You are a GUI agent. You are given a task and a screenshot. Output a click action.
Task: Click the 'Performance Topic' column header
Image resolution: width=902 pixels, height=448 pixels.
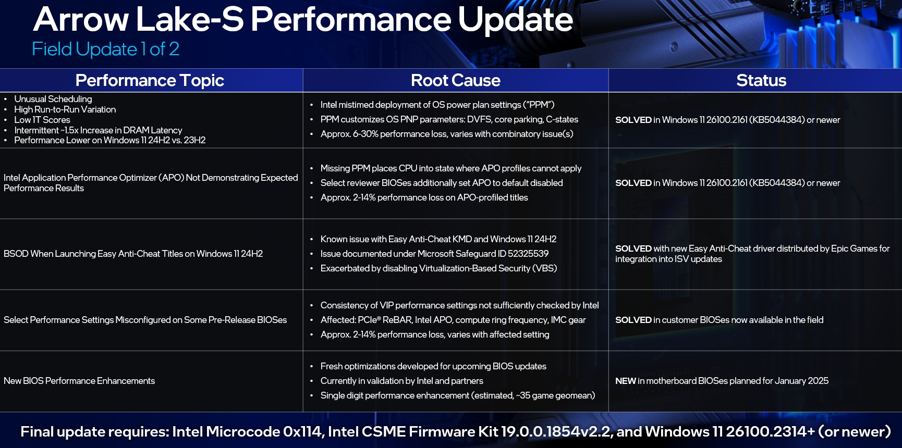click(x=150, y=80)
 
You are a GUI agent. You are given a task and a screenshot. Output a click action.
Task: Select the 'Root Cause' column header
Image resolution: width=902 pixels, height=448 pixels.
click(x=456, y=80)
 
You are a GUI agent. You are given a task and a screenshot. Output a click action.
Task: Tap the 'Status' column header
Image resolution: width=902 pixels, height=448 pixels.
click(x=761, y=80)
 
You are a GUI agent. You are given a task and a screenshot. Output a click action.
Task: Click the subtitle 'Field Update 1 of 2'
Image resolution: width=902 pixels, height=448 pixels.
click(x=106, y=49)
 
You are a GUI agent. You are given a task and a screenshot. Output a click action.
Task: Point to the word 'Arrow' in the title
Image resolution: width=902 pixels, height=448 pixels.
click(x=81, y=19)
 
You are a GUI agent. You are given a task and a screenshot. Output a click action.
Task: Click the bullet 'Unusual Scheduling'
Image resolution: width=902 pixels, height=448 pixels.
click(x=53, y=99)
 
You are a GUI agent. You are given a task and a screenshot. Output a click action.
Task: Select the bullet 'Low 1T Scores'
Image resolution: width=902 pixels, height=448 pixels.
click(x=42, y=120)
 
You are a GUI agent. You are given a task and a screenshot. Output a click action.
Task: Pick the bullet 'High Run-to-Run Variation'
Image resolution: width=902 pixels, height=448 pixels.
click(x=65, y=109)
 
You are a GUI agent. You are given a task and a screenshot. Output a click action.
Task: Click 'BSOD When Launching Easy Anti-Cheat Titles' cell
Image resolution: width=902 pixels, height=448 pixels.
click(x=133, y=254)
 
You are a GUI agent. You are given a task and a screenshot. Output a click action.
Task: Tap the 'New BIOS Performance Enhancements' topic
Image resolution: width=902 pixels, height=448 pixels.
click(x=79, y=381)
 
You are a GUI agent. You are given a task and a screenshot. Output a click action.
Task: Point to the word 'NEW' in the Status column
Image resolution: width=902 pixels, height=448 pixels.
click(x=626, y=381)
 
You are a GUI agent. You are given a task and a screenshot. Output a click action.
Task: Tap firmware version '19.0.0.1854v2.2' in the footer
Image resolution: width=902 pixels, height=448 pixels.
click(x=556, y=431)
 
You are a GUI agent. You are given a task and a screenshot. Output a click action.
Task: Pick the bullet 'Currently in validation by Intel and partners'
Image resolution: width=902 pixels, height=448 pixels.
click(x=402, y=381)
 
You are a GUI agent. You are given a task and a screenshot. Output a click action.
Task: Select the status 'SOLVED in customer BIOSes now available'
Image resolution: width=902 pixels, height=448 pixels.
click(x=720, y=320)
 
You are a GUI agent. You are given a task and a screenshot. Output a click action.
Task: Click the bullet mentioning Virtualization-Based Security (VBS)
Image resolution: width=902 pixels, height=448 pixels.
click(x=439, y=268)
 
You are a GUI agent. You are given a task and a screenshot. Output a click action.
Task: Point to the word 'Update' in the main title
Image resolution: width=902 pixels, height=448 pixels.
click(x=515, y=19)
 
